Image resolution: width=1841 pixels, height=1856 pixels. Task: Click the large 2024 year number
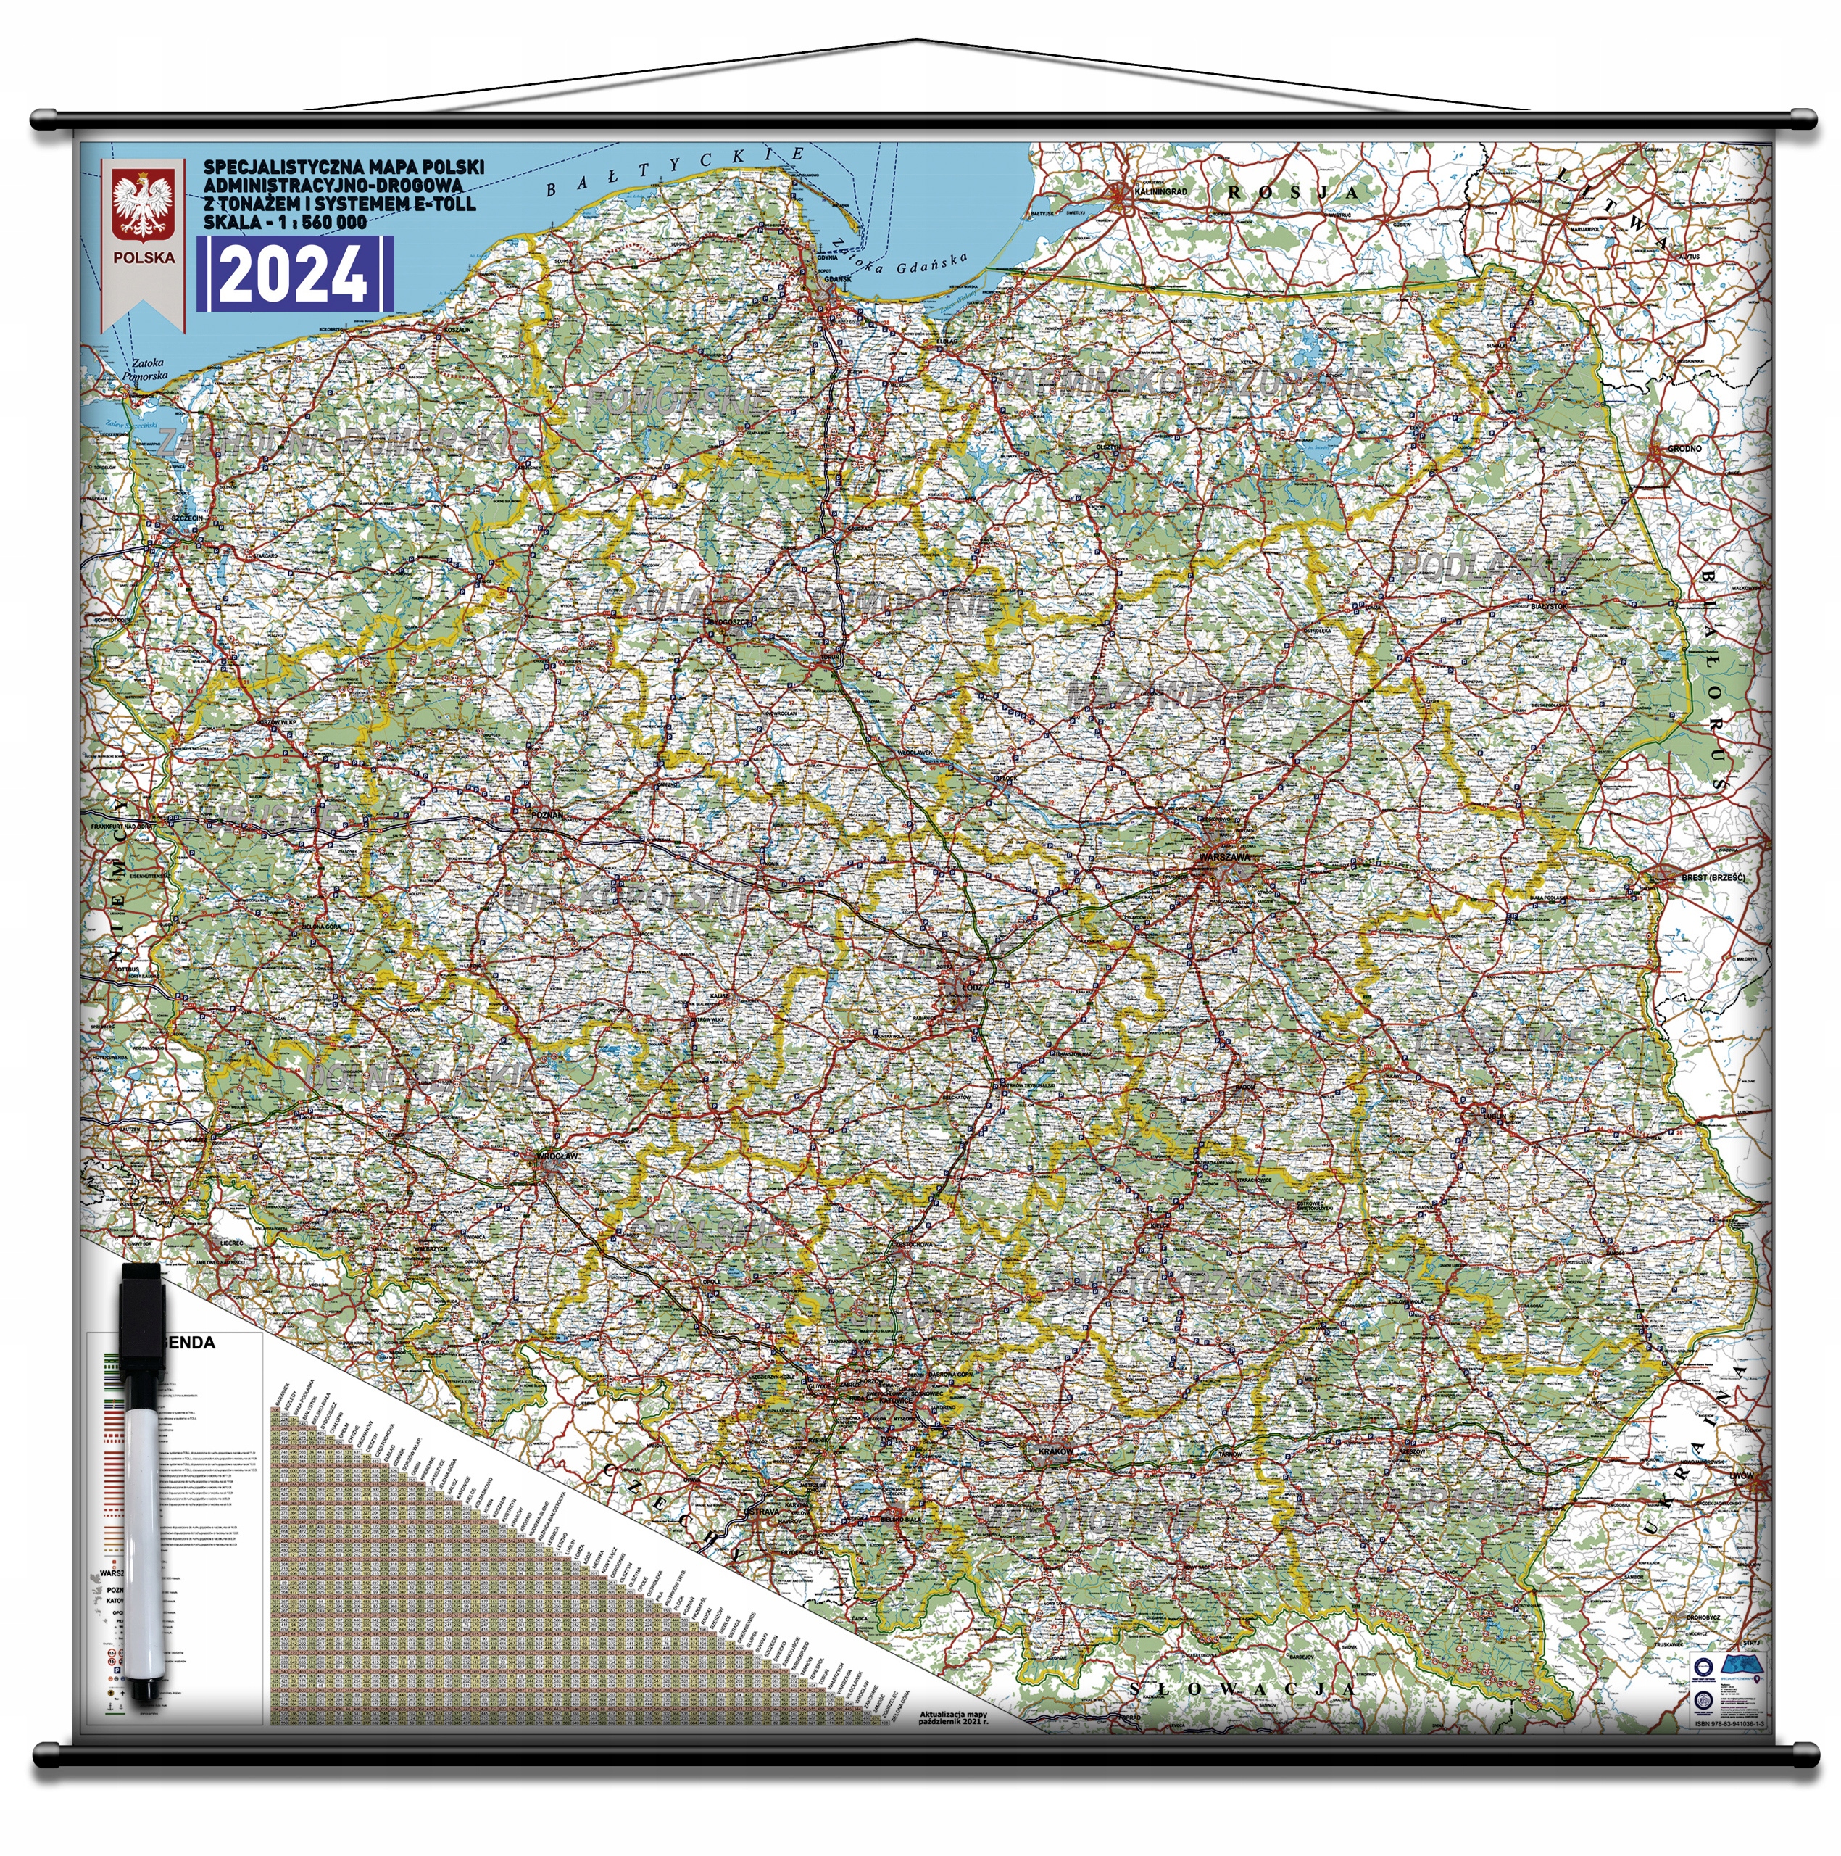tap(294, 274)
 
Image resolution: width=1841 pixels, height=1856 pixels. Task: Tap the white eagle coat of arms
tap(143, 206)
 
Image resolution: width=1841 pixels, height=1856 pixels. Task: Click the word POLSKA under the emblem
tap(144, 257)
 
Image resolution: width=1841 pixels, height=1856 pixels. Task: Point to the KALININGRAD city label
tap(1161, 192)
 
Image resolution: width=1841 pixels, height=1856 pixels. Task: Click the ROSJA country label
tap(1292, 192)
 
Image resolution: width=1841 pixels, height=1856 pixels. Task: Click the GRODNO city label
tap(1684, 449)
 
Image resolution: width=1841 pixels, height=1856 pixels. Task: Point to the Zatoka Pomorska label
tap(148, 369)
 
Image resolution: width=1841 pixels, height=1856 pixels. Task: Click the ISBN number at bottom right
tap(1729, 1750)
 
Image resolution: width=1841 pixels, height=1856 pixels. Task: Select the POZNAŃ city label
tap(547, 815)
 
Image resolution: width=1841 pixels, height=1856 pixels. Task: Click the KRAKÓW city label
tap(1055, 1451)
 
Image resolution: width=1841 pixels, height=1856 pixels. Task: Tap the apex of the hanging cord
tap(917, 41)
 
